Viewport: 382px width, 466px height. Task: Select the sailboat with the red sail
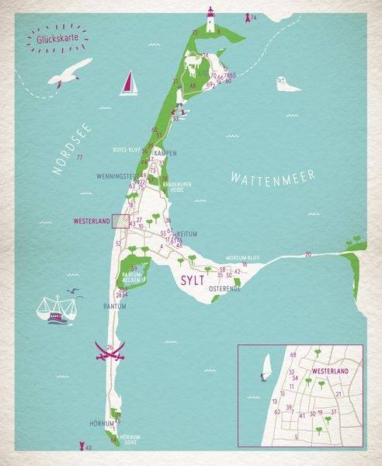point(129,84)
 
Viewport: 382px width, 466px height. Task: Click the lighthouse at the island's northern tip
point(210,20)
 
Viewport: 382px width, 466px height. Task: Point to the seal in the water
point(287,84)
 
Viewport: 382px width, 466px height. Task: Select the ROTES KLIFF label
point(127,150)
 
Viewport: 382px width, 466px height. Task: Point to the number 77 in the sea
point(79,158)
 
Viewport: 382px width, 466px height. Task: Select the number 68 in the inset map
point(293,356)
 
